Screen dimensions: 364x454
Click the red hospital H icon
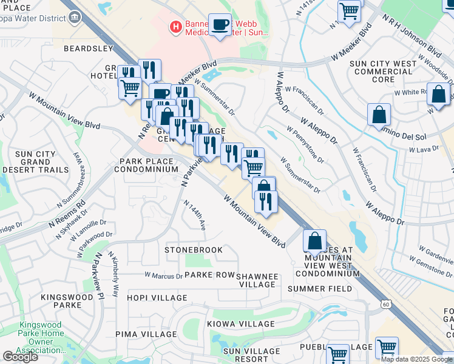pyautogui.click(x=175, y=27)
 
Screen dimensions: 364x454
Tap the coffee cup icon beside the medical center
pyautogui.click(x=220, y=25)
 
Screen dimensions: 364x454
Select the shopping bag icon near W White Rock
pyautogui.click(x=438, y=95)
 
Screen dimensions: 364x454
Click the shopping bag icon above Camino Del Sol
pyautogui.click(x=379, y=115)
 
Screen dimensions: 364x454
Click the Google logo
pyautogui.click(x=20, y=356)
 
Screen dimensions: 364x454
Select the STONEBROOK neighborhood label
pyautogui.click(x=194, y=250)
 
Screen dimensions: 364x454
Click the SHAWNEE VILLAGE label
pyautogui.click(x=257, y=280)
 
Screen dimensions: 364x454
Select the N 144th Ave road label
pyautogui.click(x=200, y=215)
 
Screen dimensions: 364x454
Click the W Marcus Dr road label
pyautogui.click(x=163, y=276)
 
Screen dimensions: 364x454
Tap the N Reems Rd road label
pyautogui.click(x=67, y=214)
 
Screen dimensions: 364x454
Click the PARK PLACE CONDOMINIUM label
pyautogui.click(x=149, y=166)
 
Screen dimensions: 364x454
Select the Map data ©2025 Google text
pyautogui.click(x=416, y=359)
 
